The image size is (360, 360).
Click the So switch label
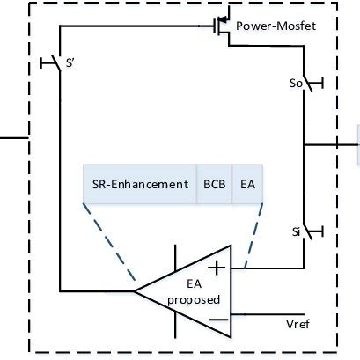(x=295, y=84)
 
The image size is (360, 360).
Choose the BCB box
(x=213, y=185)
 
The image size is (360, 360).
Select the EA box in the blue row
(x=248, y=185)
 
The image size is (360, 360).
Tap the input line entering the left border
(x=14, y=137)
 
